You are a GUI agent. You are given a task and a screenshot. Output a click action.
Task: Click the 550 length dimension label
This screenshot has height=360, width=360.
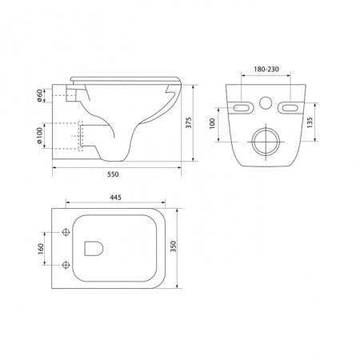[113, 174]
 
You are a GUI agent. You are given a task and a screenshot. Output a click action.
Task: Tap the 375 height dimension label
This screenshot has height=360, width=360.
[189, 122]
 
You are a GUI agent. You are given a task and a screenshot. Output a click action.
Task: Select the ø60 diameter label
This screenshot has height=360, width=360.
[39, 95]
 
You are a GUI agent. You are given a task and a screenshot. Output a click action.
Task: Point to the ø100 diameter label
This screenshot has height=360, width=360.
[39, 135]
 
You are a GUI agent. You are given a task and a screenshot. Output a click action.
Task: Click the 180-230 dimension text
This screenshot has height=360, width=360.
[266, 70]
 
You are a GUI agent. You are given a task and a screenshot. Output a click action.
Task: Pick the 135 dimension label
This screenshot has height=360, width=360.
[310, 122]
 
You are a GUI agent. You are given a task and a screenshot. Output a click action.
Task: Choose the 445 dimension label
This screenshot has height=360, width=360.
[115, 198]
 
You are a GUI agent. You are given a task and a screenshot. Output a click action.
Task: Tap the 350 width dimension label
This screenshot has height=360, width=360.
[174, 246]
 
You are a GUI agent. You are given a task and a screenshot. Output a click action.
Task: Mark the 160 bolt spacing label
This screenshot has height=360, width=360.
[41, 249]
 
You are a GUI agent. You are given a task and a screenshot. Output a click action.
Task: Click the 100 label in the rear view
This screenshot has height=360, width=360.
[212, 124]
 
